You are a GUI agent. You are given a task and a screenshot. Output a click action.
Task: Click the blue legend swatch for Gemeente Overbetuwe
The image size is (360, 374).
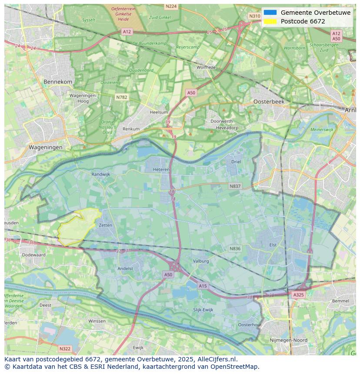270,13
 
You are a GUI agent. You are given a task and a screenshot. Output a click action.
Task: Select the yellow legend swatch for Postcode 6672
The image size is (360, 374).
270,21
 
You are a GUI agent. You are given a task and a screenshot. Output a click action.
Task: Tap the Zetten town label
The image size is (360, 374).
105,225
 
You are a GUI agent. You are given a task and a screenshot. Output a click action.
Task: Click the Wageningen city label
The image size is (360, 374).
46,147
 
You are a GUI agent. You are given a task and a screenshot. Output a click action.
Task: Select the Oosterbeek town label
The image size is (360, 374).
269,101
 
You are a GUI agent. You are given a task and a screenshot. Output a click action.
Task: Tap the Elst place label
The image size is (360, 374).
273,245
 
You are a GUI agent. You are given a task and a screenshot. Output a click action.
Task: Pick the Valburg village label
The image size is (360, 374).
200,261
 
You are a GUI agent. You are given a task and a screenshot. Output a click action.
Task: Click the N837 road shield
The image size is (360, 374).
235,186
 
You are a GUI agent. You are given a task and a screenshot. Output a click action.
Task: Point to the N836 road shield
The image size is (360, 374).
235,248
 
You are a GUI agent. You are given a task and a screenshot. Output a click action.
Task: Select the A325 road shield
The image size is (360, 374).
298,295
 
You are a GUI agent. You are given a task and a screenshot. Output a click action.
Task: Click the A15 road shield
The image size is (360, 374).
203,285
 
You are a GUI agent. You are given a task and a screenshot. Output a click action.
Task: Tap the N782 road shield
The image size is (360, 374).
121,97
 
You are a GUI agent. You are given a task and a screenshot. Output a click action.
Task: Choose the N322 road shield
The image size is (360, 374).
65,348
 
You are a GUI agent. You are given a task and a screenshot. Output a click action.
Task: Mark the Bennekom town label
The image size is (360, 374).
58,82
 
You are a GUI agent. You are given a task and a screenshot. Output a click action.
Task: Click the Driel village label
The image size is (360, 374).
236,162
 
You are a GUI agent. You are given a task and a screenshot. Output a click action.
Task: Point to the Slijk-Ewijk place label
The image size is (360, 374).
203,310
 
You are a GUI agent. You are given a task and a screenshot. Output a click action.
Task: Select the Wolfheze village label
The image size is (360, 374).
206,67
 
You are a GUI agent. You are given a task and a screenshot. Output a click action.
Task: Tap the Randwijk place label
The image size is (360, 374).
101,174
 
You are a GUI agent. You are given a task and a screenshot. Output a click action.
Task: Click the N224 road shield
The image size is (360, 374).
171,7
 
